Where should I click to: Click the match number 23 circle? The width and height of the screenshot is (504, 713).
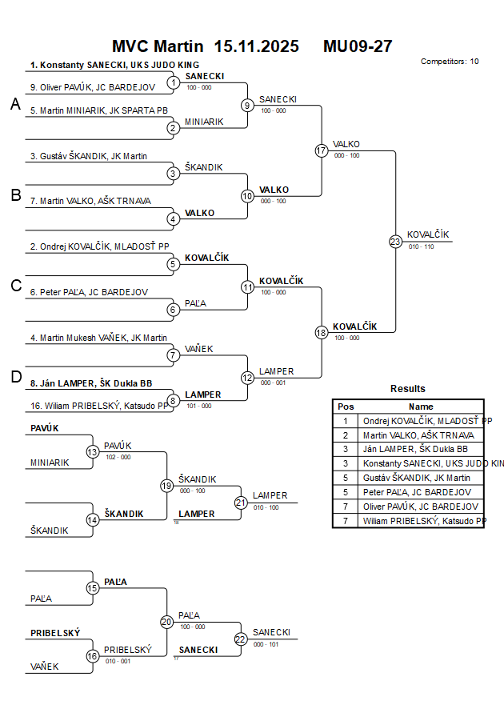pos(395,241)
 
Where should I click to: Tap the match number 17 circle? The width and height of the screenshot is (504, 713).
pos(322,150)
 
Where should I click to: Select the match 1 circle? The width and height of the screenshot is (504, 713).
pos(173,82)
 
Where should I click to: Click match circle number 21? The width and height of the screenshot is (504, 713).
pos(241,503)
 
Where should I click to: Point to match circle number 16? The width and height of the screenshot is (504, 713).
pos(93,656)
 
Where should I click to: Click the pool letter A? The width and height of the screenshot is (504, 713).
pos(15,105)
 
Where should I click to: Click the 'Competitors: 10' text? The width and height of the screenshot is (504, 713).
pos(450,61)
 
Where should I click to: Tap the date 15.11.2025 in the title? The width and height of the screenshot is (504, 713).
pos(257,46)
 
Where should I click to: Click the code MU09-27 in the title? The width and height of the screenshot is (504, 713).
pos(358,46)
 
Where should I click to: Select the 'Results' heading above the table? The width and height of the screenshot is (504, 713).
pos(408,389)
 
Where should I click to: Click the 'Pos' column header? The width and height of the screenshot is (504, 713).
pos(346,407)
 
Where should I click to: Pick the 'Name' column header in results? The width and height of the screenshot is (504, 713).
pos(421,407)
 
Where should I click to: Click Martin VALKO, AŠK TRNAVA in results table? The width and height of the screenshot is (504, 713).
pos(418,435)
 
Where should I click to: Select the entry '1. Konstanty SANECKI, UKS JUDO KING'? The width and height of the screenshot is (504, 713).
pos(114,65)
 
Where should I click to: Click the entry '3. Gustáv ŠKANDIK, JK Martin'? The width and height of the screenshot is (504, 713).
pos(89,156)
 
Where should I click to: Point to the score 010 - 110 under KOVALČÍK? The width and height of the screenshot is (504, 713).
pos(420,247)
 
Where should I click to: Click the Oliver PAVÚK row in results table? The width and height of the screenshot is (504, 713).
pos(421,507)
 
